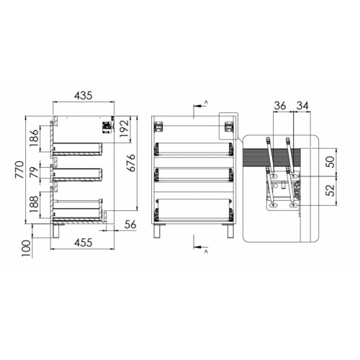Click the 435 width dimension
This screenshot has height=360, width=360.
83,96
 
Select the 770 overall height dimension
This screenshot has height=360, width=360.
19,170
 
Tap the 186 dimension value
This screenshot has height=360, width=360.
34,138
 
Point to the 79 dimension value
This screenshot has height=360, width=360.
34,172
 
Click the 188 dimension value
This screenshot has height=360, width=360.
34,204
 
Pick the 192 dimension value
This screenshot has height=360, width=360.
125,128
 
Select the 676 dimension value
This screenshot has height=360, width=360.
131,163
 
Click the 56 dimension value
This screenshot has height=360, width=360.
130,225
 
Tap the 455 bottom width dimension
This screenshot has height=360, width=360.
83,243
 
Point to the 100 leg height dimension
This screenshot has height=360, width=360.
27,248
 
